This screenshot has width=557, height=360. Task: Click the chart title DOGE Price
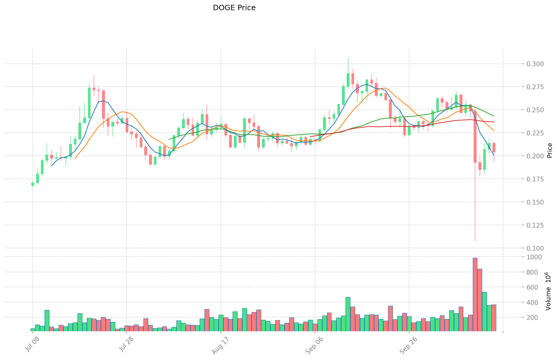pyautogui.click(x=234, y=8)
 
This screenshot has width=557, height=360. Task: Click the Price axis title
pyautogui.click(x=550, y=150)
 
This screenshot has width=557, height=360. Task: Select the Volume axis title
pyautogui.click(x=548, y=291)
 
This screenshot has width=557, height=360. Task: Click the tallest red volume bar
pyautogui.click(x=475, y=294)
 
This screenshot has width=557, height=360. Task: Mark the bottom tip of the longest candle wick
pyautogui.click(x=475, y=241)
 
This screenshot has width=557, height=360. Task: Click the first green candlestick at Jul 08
pyautogui.click(x=33, y=184)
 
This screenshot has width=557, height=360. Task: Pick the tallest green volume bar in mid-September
pyautogui.click(x=348, y=314)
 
